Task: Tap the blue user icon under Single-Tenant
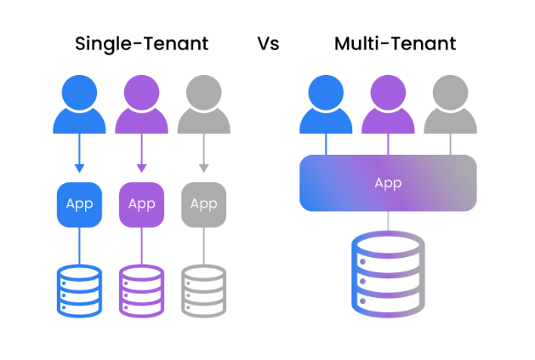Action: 79,104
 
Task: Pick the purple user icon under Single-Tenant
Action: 141,104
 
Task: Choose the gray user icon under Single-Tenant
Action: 203,104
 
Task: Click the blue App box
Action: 80,204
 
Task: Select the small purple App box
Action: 141,204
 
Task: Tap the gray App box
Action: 203,204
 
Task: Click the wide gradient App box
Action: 388,183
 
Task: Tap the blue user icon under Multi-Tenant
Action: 326,104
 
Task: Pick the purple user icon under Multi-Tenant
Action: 388,104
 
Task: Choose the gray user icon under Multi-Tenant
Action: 450,104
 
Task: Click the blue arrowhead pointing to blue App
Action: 80,167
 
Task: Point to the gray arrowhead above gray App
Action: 203,167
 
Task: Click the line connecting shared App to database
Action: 388,221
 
